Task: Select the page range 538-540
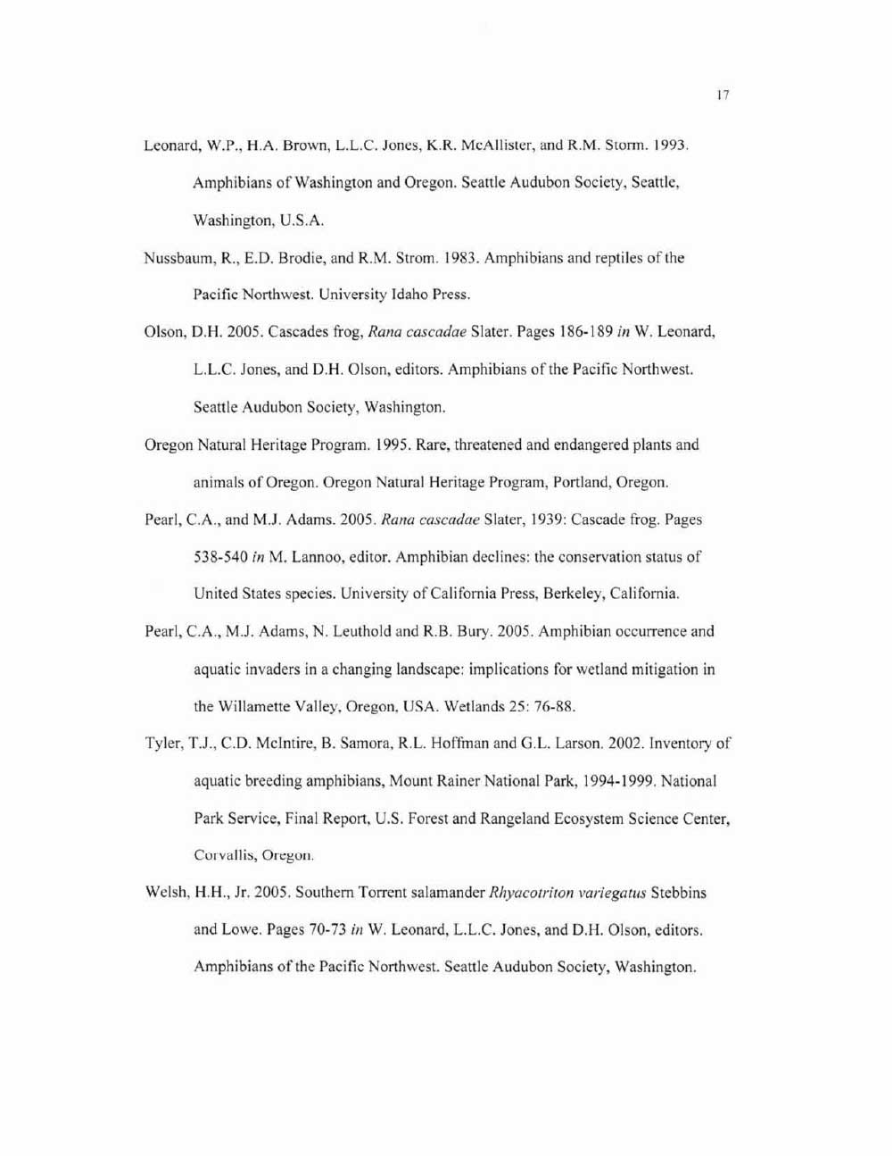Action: tap(219, 557)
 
